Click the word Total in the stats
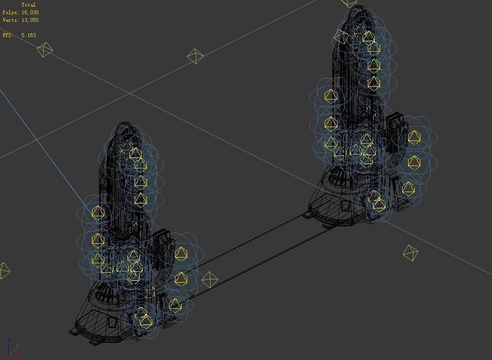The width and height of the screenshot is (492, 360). [28, 5]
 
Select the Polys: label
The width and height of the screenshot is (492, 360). [10, 12]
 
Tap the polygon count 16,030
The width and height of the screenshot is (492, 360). [30, 12]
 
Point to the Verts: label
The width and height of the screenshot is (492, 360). [10, 20]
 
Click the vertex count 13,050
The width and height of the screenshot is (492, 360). [30, 20]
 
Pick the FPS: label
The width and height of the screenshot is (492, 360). [7, 35]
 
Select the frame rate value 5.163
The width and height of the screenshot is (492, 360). [28, 35]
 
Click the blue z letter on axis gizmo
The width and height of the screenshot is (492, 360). [9, 341]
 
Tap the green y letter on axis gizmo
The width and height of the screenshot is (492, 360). [18, 347]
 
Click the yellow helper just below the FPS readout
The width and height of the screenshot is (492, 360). [45, 50]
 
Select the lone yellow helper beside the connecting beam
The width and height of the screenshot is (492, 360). [209, 279]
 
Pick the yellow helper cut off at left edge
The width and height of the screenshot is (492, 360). [4, 271]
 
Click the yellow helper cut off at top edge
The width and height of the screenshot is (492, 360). [349, 3]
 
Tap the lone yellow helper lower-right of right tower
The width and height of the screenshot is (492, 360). [410, 253]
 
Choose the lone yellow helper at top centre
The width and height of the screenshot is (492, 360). [195, 56]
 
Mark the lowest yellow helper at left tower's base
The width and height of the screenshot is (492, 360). [146, 321]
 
